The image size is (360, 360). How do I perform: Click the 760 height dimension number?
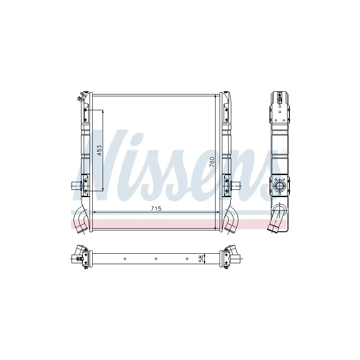(212, 162)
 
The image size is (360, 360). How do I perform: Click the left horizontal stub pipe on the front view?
(76, 185)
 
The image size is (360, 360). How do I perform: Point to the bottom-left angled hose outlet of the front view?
(81, 221)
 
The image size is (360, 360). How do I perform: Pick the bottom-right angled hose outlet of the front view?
(232, 221)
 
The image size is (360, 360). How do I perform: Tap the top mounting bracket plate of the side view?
(279, 108)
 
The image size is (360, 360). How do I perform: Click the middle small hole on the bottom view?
(156, 258)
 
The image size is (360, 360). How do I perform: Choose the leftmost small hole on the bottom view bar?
(125, 258)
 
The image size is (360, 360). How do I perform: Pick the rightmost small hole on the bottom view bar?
(187, 258)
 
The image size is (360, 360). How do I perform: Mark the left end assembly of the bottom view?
(81, 258)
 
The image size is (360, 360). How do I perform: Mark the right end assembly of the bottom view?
(231, 258)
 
